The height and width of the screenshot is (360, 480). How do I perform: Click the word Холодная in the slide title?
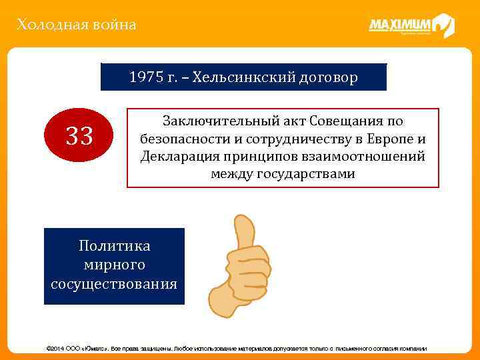[45, 25]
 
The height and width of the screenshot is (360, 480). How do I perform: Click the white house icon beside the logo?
[443, 25]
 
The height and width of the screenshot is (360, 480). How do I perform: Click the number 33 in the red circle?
[79, 137]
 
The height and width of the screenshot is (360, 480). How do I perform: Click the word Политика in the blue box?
[114, 246]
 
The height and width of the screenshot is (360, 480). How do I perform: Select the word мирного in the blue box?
[114, 265]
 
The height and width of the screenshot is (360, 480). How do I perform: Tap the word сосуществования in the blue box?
[114, 284]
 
